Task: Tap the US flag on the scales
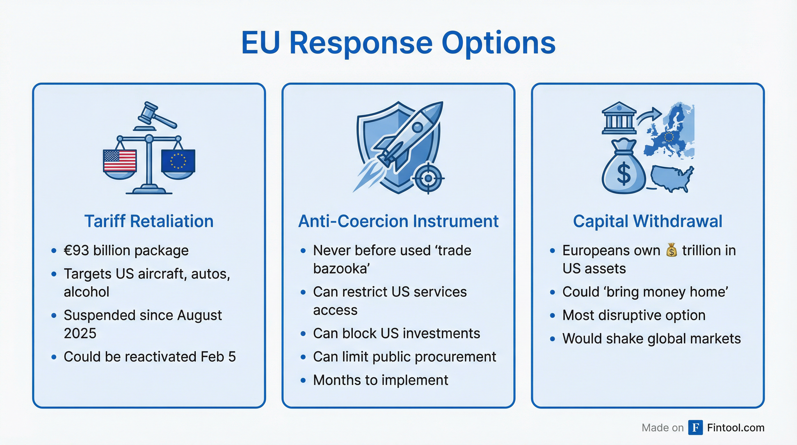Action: (x=120, y=161)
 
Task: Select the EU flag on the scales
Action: (x=178, y=161)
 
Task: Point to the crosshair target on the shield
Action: (x=428, y=178)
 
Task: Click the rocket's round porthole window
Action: (x=417, y=127)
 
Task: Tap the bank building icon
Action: (x=619, y=118)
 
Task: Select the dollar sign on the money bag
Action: (x=624, y=174)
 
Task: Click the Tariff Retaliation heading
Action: (x=149, y=221)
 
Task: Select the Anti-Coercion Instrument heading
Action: (x=398, y=221)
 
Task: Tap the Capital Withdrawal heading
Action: (x=648, y=221)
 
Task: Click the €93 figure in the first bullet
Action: (x=76, y=250)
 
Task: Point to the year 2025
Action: (x=80, y=333)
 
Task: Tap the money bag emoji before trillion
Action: (x=671, y=250)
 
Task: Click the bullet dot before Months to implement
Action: (x=303, y=380)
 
